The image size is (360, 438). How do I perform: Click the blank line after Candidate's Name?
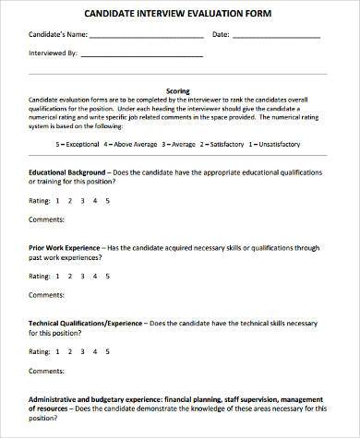pos(147,37)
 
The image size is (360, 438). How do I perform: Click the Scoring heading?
pos(179,91)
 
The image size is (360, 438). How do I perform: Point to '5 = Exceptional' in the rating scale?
pos(77,145)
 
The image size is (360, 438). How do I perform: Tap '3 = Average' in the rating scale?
pos(179,145)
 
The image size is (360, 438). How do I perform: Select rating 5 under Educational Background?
pos(109,199)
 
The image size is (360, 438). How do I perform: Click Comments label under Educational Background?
pos(46,221)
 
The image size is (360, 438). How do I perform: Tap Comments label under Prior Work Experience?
pos(46,297)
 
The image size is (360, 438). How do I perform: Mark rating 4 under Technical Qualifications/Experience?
pos(97,352)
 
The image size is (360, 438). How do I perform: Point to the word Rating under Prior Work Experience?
pos(40,276)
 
